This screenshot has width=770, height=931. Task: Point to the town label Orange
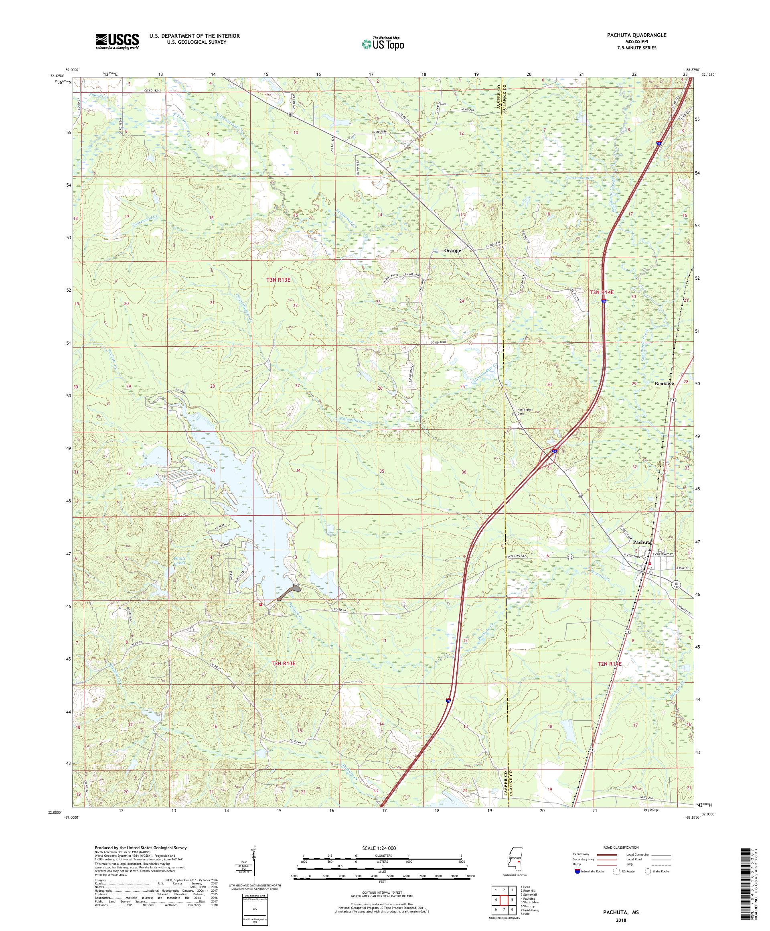[x=452, y=250]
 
